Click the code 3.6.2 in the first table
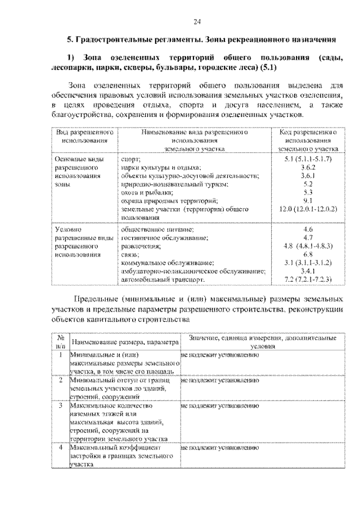pos(307,168)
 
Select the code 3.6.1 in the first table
pos(307,175)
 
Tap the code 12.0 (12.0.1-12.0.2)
pos(307,208)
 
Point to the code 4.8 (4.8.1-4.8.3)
pos(307,246)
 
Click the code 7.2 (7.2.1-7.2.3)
pos(307,279)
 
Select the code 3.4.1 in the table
pos(307,271)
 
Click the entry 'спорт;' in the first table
pos(131,160)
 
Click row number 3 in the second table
pos(60,405)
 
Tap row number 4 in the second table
pos(60,448)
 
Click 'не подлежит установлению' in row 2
pos(219,380)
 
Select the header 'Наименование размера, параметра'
pos(125,342)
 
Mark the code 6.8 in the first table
pos(307,254)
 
